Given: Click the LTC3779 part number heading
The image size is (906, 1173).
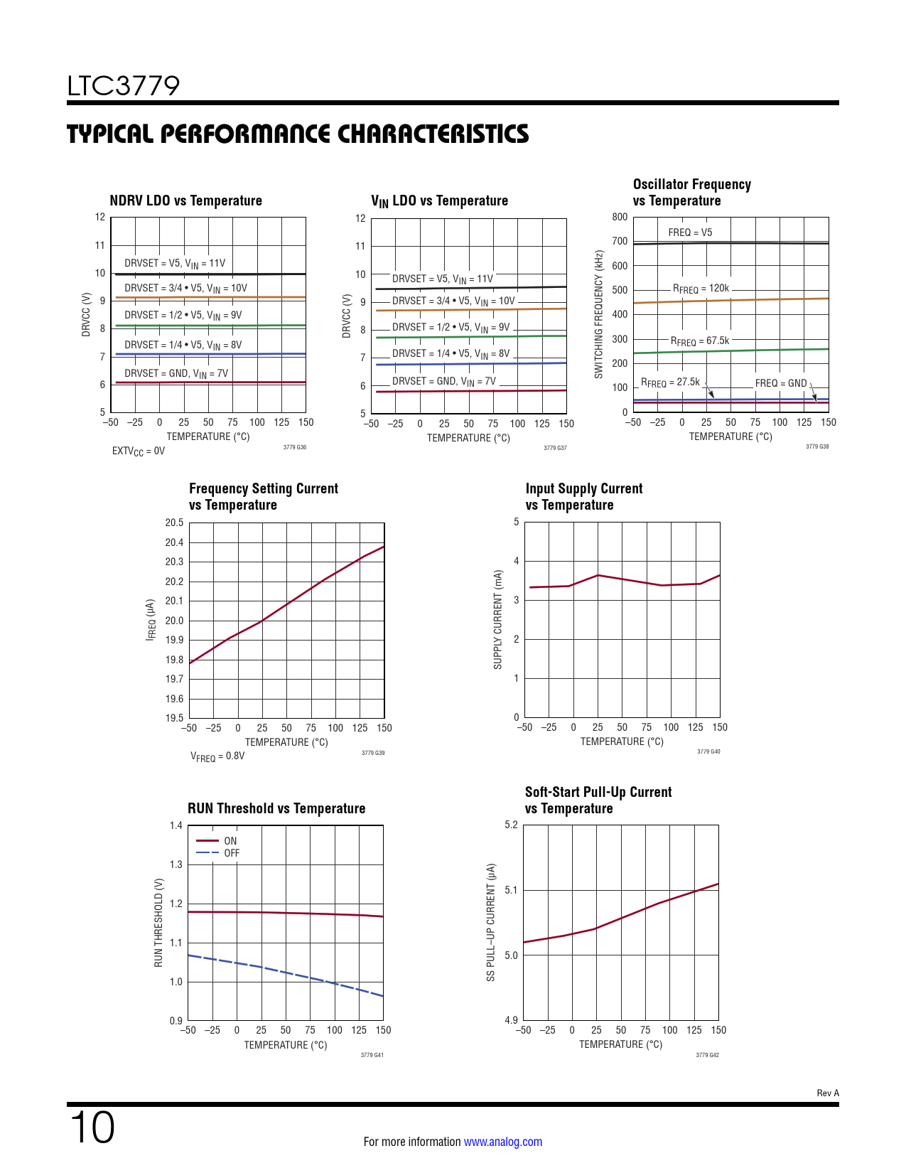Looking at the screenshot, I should click(x=124, y=86).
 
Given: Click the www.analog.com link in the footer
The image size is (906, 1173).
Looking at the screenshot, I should click(x=502, y=1142).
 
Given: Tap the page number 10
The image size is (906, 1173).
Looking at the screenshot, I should click(x=92, y=1128).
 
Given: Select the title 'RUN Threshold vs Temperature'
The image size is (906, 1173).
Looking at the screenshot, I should click(x=276, y=808).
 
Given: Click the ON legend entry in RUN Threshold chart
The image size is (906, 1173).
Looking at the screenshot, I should click(x=230, y=841).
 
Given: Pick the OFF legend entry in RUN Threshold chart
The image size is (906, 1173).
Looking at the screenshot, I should click(x=232, y=853).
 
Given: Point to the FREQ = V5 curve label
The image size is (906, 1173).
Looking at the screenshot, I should click(x=690, y=232).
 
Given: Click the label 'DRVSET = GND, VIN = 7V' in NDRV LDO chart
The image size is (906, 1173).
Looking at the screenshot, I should click(x=176, y=373).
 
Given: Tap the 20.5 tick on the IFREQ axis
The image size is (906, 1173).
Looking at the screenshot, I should click(x=174, y=523).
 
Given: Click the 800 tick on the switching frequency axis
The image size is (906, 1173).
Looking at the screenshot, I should click(x=620, y=217).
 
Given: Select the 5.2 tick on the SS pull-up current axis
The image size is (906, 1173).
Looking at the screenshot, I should click(x=511, y=825).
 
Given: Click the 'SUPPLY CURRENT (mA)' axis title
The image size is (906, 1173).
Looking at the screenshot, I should click(x=498, y=619).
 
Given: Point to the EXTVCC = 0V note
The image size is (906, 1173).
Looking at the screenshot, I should click(x=139, y=451).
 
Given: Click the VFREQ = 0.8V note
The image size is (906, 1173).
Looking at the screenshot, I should click(x=217, y=756).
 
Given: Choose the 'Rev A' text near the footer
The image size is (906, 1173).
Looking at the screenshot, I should click(x=828, y=1093).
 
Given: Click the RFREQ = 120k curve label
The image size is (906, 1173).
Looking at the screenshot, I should click(x=701, y=289).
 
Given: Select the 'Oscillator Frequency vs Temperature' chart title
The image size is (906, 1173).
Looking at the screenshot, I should click(x=691, y=193).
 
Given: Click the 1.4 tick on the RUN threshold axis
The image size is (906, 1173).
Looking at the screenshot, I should click(x=176, y=825).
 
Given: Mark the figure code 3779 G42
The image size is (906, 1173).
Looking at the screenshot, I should click(x=707, y=1055).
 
